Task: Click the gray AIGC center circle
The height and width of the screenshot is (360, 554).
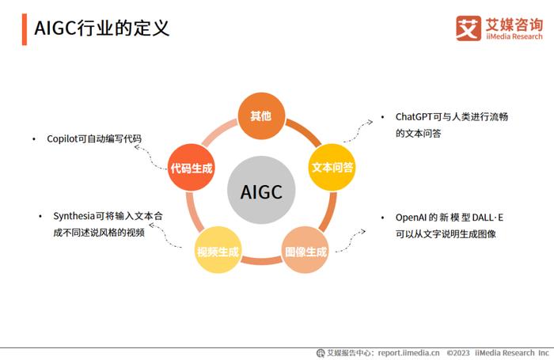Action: coord(261,190)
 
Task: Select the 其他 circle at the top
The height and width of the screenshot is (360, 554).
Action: coord(261,116)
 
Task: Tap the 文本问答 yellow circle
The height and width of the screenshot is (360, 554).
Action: coord(332,168)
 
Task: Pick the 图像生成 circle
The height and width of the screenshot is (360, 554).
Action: coord(305,250)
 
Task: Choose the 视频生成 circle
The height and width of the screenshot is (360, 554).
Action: coord(218,250)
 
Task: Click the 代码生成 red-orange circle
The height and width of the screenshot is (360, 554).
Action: coord(191,168)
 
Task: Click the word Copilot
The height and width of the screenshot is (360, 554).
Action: coord(62,138)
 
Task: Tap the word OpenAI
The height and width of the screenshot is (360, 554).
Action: coord(411,218)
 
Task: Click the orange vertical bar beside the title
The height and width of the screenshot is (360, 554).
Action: coord(25,29)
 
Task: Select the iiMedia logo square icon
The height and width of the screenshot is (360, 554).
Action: coord(469,28)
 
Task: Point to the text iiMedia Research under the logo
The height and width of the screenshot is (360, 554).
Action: coord(514,36)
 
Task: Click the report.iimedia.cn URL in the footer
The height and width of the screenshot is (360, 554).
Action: coord(409,353)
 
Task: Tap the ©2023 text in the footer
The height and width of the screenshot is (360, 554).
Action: coord(458,353)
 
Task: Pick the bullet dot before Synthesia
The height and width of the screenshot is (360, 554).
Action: coord(40,216)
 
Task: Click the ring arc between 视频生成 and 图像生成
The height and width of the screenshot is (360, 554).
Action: coord(261,261)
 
